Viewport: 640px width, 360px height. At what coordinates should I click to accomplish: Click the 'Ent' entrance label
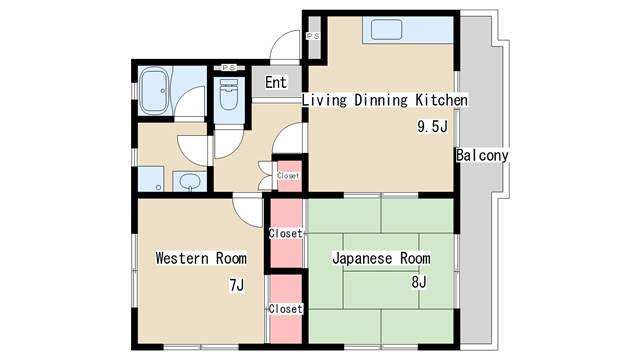pos(276,82)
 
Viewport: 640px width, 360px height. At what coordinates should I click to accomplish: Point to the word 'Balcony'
pos(482,156)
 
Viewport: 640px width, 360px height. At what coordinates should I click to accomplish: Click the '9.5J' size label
pos(431,127)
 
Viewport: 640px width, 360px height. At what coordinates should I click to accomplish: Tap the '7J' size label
pos(236,286)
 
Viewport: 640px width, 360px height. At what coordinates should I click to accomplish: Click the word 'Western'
pos(180,258)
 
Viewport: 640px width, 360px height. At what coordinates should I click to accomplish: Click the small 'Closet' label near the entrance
pos(288,175)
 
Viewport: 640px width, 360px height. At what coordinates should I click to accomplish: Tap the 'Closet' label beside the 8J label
pos(285,234)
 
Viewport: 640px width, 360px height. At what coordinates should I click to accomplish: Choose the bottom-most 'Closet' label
pos(285,309)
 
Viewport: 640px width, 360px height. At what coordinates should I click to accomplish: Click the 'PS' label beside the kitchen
pos(312,36)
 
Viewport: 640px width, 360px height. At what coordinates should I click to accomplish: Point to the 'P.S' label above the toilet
pos(228,68)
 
